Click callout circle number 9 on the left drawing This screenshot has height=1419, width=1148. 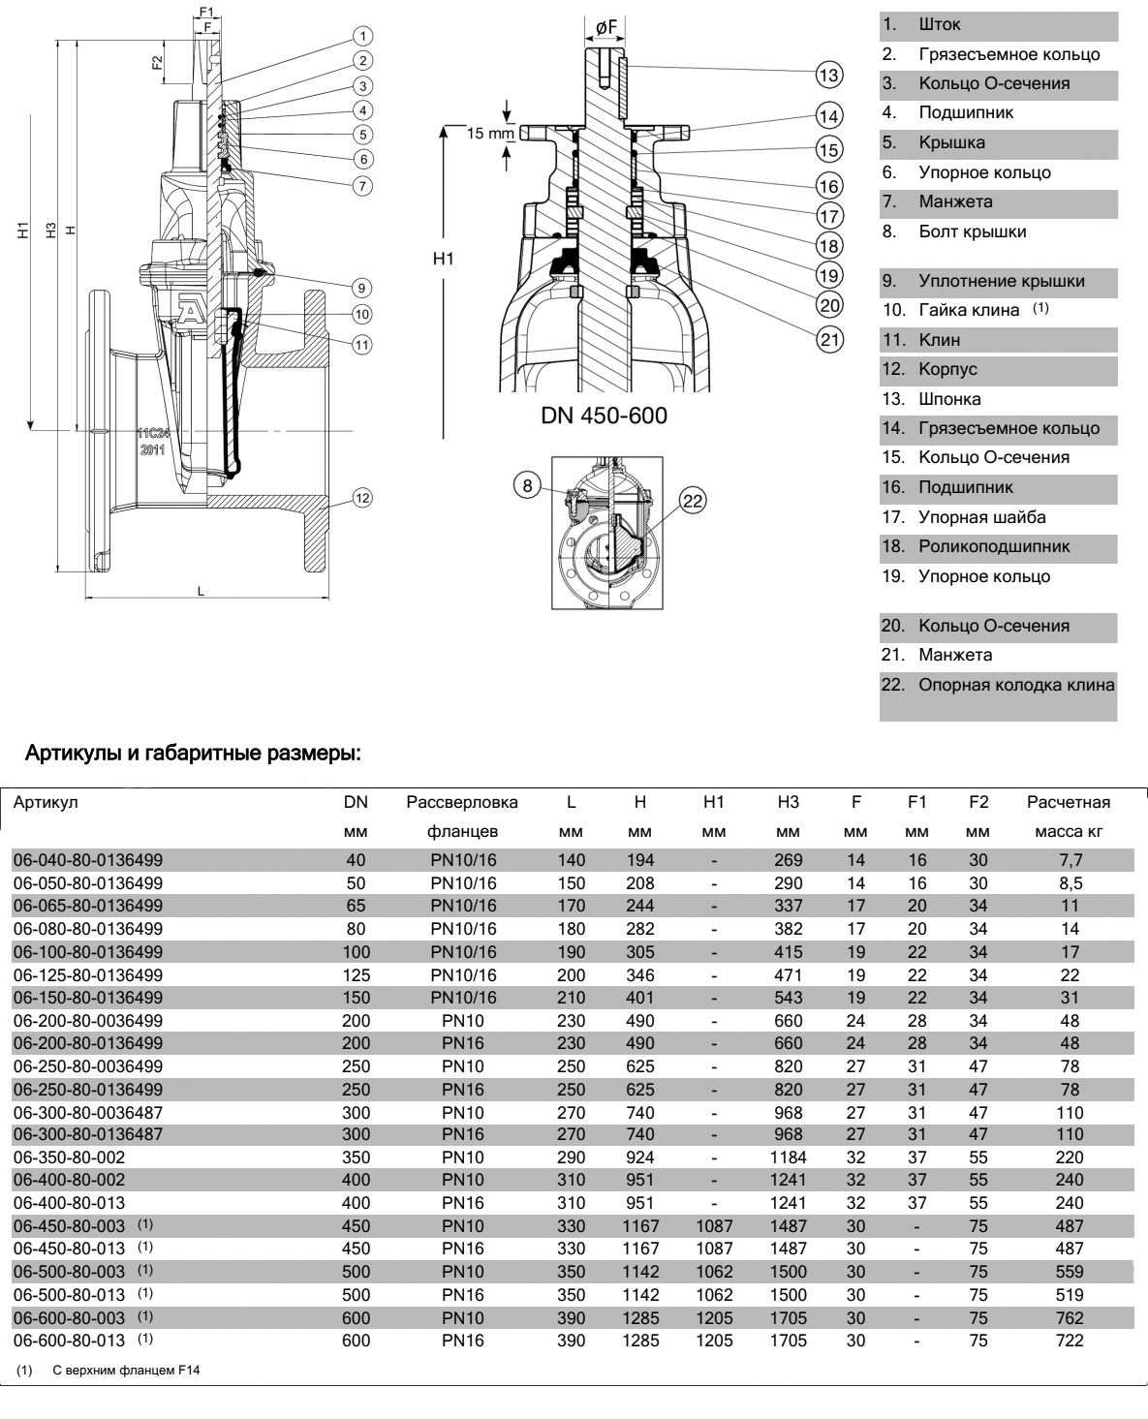tap(360, 287)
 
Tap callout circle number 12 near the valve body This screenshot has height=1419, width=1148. tap(362, 498)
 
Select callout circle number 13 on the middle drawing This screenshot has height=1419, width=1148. tap(828, 75)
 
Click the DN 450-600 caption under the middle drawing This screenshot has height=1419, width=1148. tap(604, 416)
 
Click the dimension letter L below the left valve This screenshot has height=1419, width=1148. tap(202, 590)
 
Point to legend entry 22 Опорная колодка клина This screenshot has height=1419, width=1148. tap(998, 685)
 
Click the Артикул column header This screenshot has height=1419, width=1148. tap(46, 802)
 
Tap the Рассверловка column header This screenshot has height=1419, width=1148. tap(462, 802)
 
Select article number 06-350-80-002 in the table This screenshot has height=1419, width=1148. tap(69, 1157)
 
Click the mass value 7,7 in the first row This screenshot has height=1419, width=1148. tap(1070, 860)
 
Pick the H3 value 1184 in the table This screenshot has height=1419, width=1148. tap(788, 1157)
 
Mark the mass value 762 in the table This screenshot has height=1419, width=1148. tap(1070, 1318)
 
